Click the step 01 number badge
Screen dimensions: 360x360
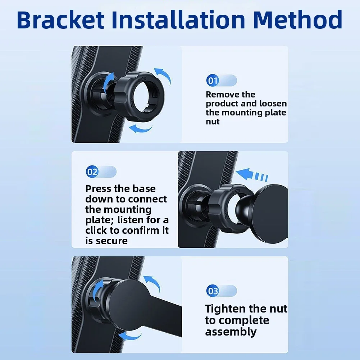click(x=213, y=81)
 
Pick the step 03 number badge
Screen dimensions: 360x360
click(x=213, y=291)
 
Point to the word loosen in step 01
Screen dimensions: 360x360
click(x=273, y=104)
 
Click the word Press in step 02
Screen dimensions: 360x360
click(x=98, y=189)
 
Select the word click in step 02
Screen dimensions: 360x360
click(x=96, y=230)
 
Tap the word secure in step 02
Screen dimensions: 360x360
click(x=111, y=241)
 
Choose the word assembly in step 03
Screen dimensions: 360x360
click(x=231, y=332)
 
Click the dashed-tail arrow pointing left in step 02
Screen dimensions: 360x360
click(x=251, y=174)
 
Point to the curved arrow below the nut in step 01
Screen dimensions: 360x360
click(x=141, y=129)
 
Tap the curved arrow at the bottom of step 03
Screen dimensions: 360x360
click(x=130, y=336)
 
